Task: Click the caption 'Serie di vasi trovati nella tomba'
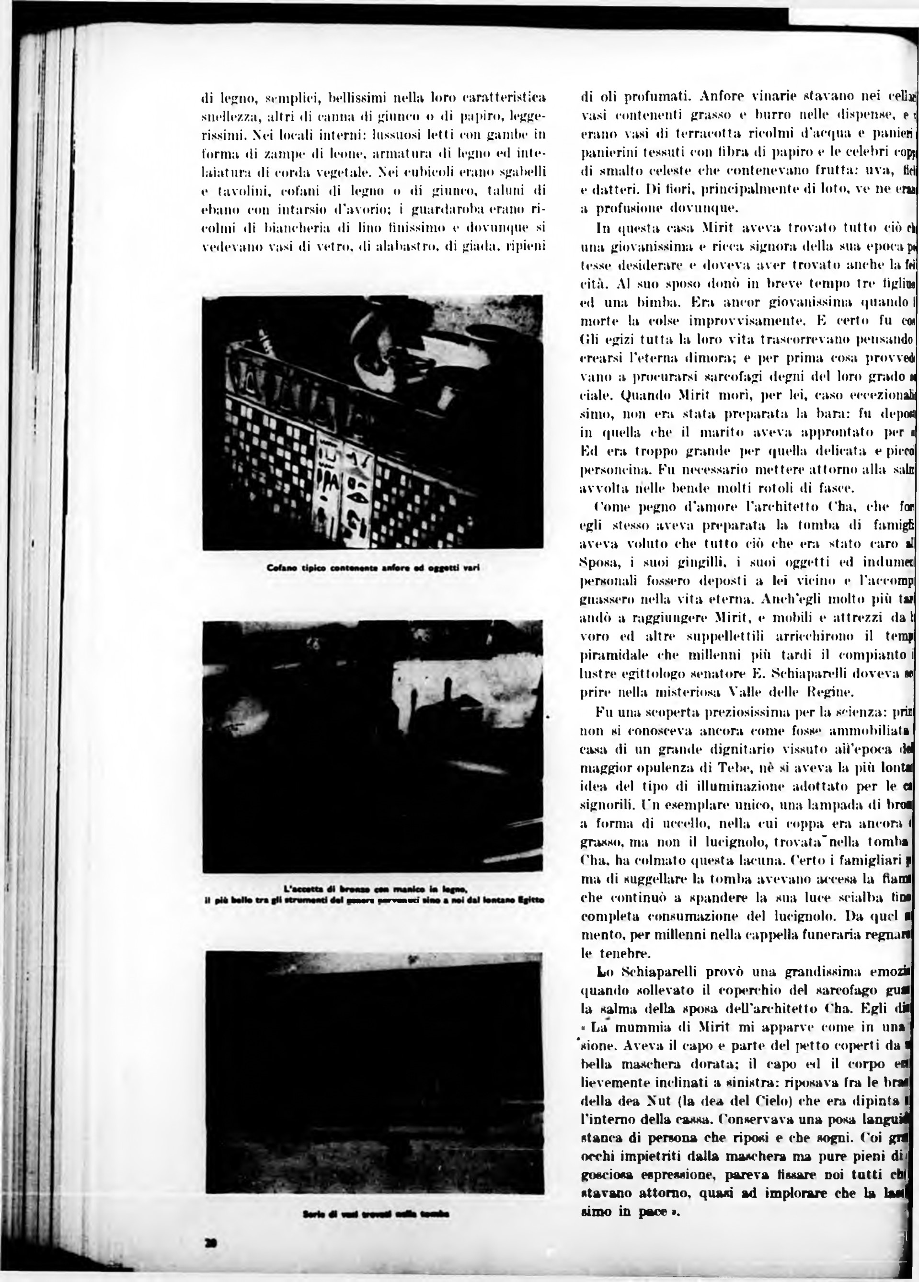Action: click(376, 1213)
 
